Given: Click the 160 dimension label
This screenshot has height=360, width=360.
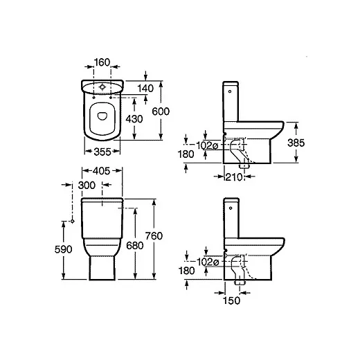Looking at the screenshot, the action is (102, 62).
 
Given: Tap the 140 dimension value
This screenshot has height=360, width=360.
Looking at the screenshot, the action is (145, 89).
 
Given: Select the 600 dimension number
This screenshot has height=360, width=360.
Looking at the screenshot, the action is (161, 111).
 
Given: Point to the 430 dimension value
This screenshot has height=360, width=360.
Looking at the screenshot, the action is (134, 119).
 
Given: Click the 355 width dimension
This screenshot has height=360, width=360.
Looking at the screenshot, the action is (102, 152).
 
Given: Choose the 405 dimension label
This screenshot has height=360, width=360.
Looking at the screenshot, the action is (102, 171).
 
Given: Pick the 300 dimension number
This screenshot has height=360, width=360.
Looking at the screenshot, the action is (87, 185).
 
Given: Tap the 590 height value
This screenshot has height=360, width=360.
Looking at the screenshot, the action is (64, 249).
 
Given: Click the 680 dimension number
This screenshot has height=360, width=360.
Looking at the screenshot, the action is (135, 246).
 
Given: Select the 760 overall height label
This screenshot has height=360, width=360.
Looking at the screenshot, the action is (154, 236).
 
